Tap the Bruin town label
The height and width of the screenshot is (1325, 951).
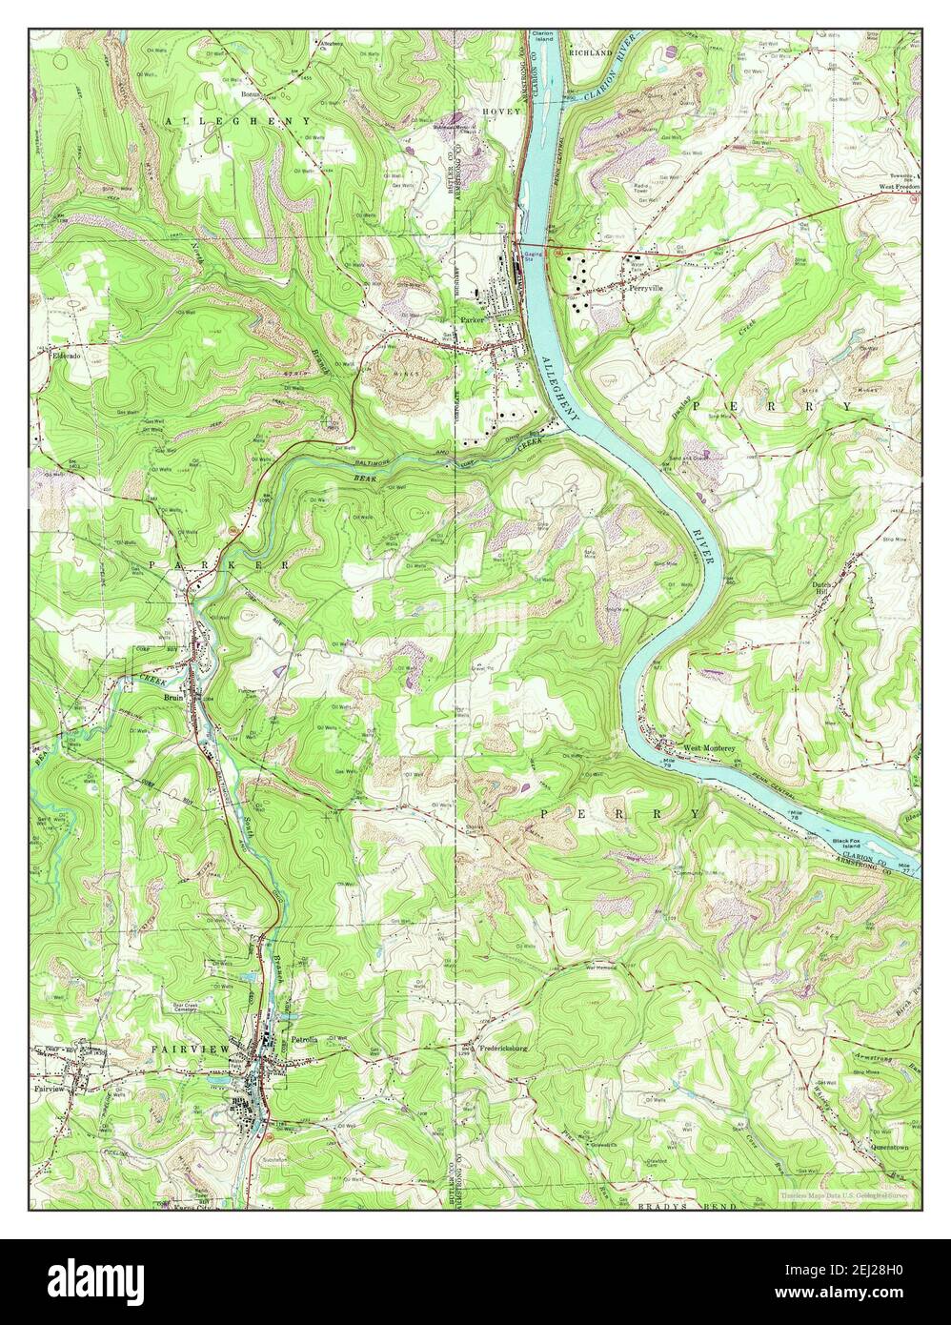point(172,697)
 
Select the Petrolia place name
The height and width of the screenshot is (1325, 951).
point(304,1038)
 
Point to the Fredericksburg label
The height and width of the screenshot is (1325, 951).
point(495,1049)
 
